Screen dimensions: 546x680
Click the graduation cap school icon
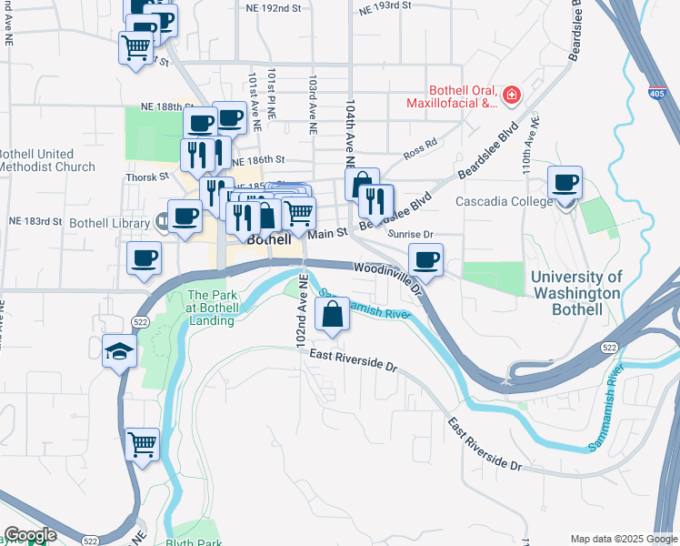tap(119, 351)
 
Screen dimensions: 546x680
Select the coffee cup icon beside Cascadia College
tap(565, 182)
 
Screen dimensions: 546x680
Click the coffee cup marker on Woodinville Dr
tap(425, 260)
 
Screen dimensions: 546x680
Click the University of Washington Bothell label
tap(576, 293)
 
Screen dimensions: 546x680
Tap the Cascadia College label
tap(503, 201)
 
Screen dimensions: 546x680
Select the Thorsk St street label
tap(148, 177)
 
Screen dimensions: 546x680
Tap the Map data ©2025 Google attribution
tap(623, 539)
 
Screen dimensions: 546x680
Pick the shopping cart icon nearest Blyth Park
tap(143, 446)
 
